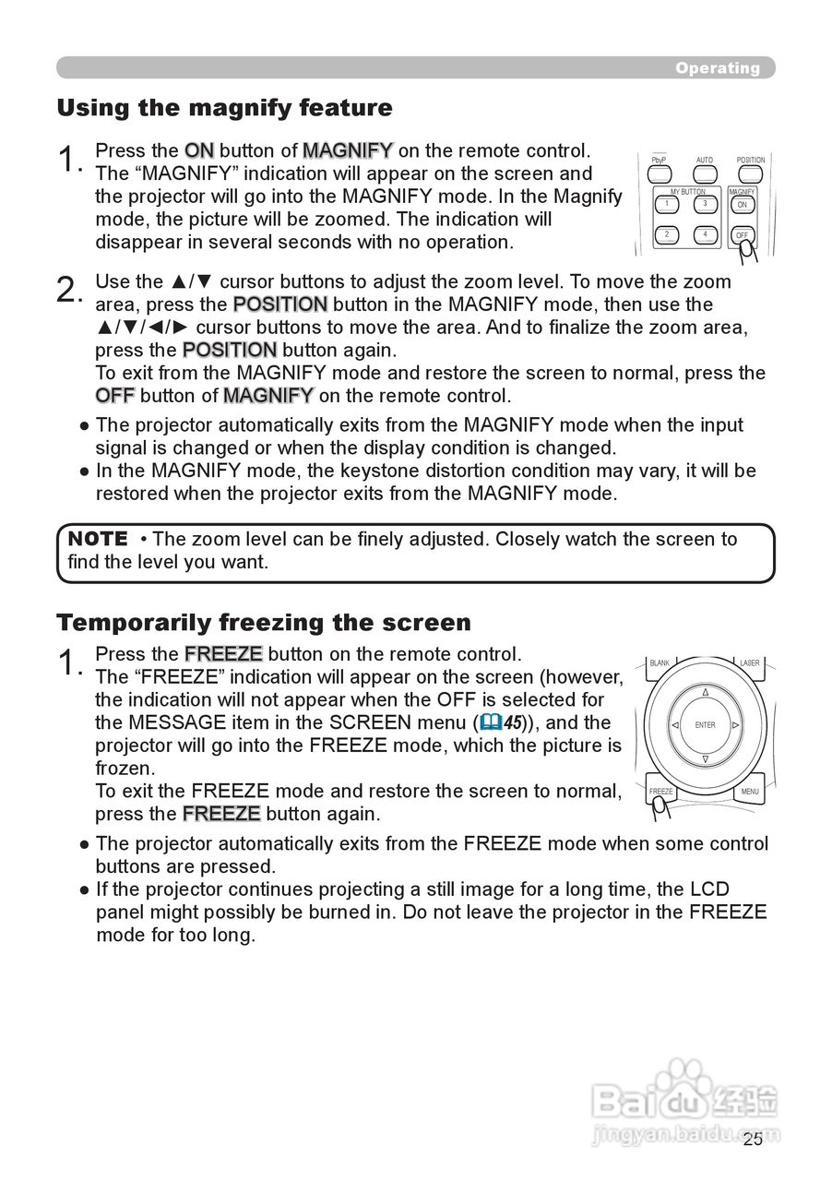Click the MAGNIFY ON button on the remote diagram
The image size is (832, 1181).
(743, 204)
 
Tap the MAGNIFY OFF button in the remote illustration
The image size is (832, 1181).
(743, 234)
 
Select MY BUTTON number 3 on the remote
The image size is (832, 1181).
(704, 203)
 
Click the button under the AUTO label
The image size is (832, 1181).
(705, 173)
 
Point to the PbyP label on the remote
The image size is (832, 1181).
(659, 161)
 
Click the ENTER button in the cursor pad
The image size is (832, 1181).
(706, 725)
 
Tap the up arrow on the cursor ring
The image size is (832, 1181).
(706, 692)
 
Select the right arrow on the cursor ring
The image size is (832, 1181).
(735, 725)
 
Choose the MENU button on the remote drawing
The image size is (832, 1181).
(750, 790)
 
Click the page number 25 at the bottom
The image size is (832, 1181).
(753, 1139)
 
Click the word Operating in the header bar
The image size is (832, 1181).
(717, 68)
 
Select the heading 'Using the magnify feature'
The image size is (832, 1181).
(224, 108)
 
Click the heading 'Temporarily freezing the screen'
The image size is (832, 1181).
(263, 623)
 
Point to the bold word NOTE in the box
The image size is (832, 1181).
(98, 539)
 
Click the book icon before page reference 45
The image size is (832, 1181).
(490, 723)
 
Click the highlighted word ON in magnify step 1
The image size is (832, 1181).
(199, 150)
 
